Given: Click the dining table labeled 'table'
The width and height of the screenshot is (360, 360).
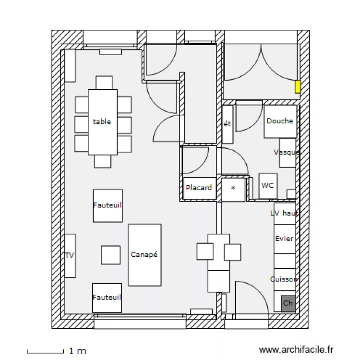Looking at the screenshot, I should point(102,122).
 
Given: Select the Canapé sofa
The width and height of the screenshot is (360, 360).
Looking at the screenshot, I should point(144,255).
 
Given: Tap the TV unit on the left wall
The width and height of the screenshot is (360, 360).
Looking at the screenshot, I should point(70,255).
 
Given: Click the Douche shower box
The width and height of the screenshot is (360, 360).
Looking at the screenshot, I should point(280,121).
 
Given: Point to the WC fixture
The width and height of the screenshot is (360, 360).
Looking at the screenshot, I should point(268,186).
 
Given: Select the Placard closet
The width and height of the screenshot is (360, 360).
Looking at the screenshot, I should point(199,188).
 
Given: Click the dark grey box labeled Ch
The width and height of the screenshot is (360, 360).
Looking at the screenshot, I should point(288,303).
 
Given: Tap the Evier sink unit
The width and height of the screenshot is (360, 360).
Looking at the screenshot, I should point(285,239).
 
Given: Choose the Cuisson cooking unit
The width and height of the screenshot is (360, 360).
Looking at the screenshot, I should point(285,279).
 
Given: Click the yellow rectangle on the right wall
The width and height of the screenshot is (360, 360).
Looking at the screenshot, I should point(298,86).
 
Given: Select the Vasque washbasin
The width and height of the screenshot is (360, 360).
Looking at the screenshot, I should point(288,153).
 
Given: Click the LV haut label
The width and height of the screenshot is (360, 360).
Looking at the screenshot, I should point(284,213).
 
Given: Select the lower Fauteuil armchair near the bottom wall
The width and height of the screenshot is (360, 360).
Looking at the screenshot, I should point(107,298).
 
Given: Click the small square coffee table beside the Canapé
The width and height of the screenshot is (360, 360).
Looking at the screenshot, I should point(110,255).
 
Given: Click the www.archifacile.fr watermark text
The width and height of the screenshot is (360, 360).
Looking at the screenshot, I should point(296,350).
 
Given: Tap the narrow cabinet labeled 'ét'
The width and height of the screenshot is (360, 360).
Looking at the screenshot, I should point(228,124).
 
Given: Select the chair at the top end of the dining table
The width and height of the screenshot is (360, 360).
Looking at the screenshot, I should point(104,83).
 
